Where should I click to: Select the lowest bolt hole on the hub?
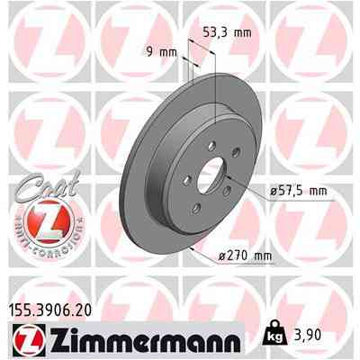(x=196, y=208)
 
